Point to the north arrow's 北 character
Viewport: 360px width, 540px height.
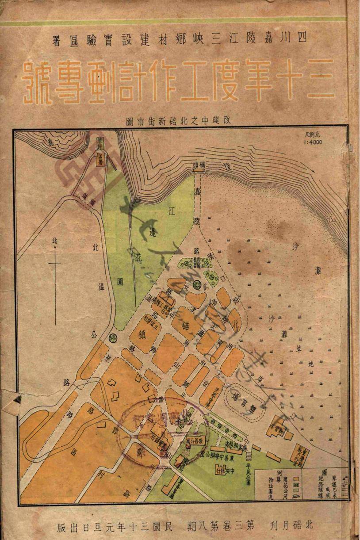click(x=55, y=241)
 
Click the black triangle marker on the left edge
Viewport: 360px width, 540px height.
click(x=17, y=400)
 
